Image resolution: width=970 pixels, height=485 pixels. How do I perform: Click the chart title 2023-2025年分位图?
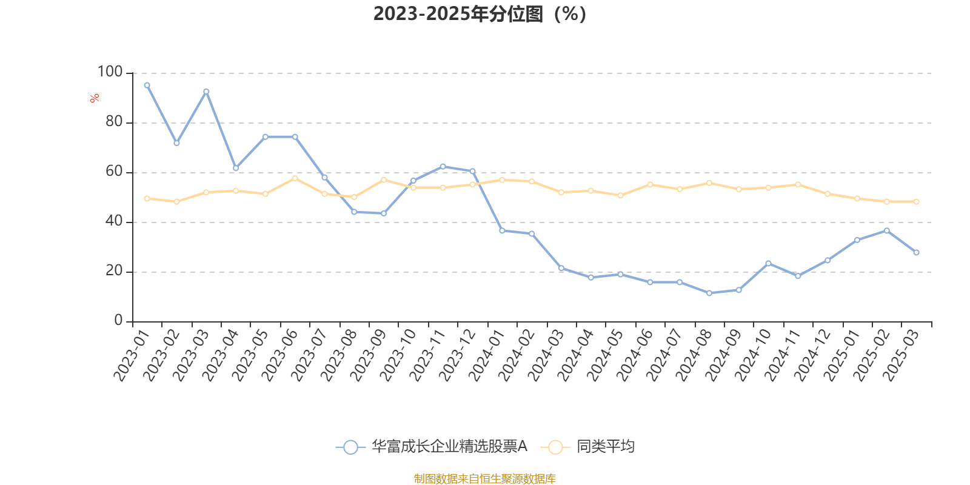(480, 14)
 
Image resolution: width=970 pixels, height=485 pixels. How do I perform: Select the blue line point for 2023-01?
(147, 85)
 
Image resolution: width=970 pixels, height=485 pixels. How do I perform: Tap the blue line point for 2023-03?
(206, 92)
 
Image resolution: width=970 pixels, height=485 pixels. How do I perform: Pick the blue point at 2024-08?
(709, 293)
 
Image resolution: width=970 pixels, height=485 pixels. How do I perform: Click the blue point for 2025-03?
(916, 252)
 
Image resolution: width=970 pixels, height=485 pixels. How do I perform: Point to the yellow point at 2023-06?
(295, 178)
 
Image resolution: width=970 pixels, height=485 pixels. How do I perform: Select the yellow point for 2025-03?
(916, 201)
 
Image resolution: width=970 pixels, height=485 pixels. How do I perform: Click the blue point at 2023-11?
(443, 166)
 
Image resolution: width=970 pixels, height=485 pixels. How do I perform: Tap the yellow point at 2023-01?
(147, 198)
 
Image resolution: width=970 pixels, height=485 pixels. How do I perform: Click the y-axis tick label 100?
(110, 72)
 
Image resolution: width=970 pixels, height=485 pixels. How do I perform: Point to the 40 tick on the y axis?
(113, 221)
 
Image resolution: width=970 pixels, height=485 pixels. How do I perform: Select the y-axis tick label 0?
(118, 321)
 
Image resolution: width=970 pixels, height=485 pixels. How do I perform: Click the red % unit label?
(95, 98)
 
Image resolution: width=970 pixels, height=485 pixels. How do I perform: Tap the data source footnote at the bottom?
(484, 479)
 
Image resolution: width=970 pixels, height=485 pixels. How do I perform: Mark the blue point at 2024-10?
(768, 263)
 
